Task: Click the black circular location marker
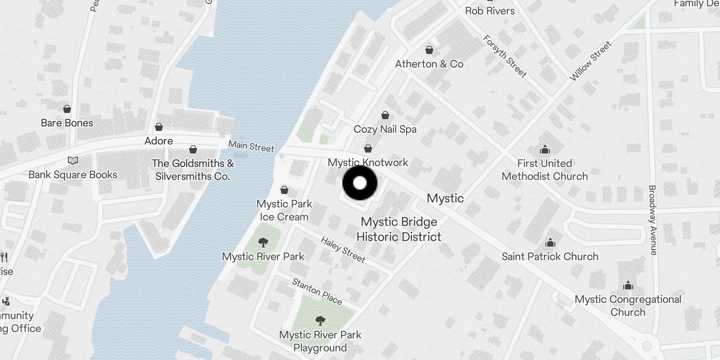tap(360, 183)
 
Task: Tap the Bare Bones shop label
tap(67, 123)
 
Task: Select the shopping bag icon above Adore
tap(159, 127)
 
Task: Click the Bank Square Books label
tap(73, 175)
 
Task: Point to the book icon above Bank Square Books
tap(73, 160)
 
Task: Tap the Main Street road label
tap(251, 146)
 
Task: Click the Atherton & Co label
tap(429, 64)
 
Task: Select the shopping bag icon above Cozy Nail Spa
tap(385, 115)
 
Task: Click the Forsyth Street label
tap(504, 56)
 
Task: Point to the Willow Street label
tap(590, 61)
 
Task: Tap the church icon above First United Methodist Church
tap(545, 149)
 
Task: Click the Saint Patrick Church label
tap(550, 256)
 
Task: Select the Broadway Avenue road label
tap(653, 220)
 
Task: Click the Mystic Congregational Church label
tap(628, 306)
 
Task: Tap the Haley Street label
tap(343, 249)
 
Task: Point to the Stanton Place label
tap(317, 291)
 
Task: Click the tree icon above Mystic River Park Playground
tap(320, 321)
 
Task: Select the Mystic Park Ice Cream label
tap(284, 210)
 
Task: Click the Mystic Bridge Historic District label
tap(399, 229)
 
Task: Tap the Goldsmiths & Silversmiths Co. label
tap(193, 170)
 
